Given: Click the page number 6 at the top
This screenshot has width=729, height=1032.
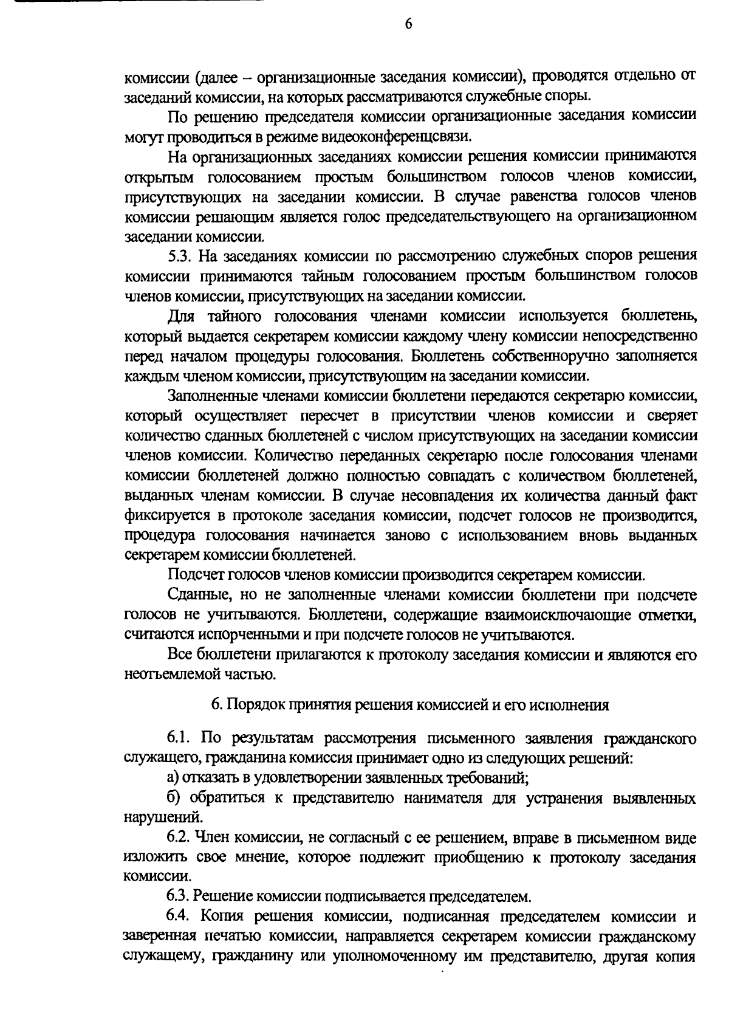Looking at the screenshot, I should coord(408,24).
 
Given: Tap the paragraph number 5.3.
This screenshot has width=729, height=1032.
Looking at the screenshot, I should coord(179,255).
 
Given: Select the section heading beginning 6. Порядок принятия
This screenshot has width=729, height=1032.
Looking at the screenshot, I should coord(409,705).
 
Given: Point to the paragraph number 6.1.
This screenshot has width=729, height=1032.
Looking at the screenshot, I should coord(179,738).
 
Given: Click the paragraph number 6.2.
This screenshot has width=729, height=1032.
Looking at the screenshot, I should coord(179,839).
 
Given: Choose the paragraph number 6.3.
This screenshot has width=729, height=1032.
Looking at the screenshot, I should coord(179,896).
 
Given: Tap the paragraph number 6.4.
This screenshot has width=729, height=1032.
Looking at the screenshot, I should coord(179,916).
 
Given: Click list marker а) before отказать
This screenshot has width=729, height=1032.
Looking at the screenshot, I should coord(174,777).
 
